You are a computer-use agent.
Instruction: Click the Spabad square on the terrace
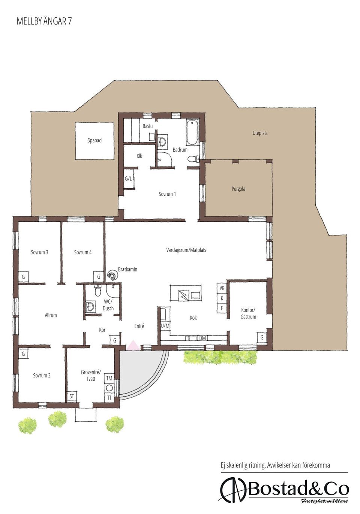[94, 141]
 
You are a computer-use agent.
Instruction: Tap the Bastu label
[148, 126]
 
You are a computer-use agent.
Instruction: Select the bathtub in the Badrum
[192, 132]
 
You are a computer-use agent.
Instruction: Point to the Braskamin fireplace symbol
[112, 275]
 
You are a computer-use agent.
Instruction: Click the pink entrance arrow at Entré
[132, 346]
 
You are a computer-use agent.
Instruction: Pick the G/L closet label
[128, 179]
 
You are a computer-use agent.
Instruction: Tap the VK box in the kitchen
[222, 288]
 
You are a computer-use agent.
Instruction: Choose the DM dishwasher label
[202, 338]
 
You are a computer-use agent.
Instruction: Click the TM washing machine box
[109, 378]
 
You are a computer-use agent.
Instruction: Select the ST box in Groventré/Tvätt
[72, 396]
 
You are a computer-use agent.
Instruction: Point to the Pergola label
[238, 189]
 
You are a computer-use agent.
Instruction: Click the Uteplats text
[260, 133]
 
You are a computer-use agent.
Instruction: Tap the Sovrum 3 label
[39, 252]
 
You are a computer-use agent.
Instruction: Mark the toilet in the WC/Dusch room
[98, 291]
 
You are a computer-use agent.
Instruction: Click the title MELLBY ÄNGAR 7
[44, 21]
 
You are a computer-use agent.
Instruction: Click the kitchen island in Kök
[185, 293]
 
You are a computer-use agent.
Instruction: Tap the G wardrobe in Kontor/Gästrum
[262, 338]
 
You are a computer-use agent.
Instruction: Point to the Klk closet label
[139, 156]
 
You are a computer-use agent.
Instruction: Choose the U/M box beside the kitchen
[165, 326]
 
